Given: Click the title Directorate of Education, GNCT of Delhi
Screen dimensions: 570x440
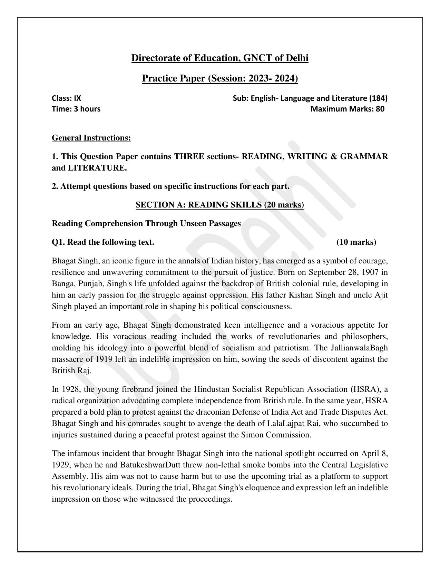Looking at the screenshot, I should click(x=220, y=58).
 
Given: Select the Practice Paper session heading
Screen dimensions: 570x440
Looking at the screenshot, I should click(x=220, y=79).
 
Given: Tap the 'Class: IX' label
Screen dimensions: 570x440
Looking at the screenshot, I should click(x=66, y=98).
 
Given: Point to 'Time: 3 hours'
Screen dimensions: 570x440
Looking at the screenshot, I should click(x=76, y=109).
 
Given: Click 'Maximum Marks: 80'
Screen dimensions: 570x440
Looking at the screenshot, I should click(x=347, y=109).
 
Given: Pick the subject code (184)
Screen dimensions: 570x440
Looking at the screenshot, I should click(x=379, y=98).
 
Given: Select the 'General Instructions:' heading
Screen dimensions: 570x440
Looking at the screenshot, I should click(x=91, y=138).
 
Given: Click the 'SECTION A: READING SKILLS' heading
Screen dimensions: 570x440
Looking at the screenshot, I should click(x=220, y=205).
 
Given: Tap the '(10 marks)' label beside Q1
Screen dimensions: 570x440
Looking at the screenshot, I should click(x=356, y=242).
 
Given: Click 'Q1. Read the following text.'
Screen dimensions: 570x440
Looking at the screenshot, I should click(x=103, y=242).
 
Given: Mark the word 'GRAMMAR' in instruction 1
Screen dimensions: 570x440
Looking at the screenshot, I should click(x=364, y=157).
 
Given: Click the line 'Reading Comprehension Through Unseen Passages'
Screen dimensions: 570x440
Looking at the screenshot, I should click(x=146, y=224).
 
